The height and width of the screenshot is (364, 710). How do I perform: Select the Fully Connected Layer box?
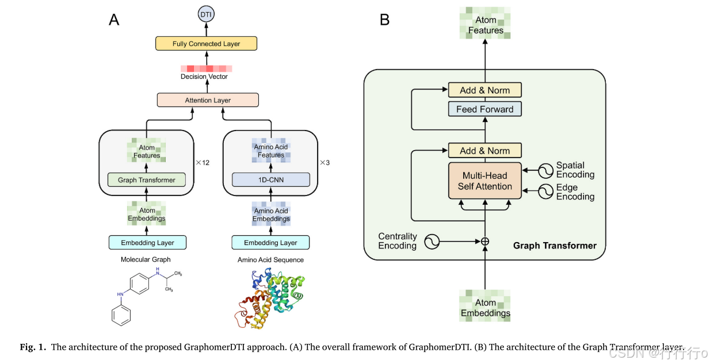pos(206,44)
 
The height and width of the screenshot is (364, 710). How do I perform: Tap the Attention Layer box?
pos(208,100)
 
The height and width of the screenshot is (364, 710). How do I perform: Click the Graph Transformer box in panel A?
pos(146,180)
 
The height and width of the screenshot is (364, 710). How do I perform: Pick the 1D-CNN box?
pos(270,180)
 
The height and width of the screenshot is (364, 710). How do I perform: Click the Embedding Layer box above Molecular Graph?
pos(147,243)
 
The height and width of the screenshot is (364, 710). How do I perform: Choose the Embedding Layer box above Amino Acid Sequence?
pos(270,243)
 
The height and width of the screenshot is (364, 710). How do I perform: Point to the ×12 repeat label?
pos(202,163)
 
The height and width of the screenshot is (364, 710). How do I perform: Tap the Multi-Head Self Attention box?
pos(484,181)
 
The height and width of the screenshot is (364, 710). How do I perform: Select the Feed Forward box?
pos(484,109)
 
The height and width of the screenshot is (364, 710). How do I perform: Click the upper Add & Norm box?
pos(484,90)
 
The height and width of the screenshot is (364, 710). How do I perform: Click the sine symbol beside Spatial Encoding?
pos(545,170)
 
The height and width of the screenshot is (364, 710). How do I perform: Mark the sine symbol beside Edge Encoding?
pos(545,191)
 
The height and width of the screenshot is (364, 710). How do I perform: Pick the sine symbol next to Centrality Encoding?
pos(432,242)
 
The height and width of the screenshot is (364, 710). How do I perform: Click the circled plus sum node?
pos(484,242)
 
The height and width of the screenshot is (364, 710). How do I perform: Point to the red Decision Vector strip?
pos(204,68)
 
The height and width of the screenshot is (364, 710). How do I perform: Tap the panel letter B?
pos(385,20)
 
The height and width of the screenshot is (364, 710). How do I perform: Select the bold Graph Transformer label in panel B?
pos(555,246)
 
